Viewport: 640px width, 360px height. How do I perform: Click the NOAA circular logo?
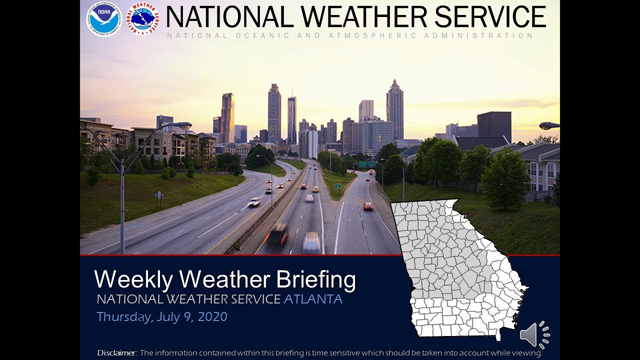pos(104,19)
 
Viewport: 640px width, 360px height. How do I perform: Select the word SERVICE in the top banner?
pos(490,17)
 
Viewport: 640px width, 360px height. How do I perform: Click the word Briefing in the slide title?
pos(308,279)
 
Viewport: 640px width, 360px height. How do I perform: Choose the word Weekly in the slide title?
pos(132,279)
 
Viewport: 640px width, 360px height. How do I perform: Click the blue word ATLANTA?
pos(313,299)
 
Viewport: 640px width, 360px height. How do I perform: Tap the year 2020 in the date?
pos(212,316)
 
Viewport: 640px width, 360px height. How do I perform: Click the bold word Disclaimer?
pos(117,353)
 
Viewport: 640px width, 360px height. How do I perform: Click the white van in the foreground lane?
pos(311,242)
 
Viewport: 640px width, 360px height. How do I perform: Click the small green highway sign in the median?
pos(337,186)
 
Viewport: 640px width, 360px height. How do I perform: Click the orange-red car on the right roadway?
pos(368,205)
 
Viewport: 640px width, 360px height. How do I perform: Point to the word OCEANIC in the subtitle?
pos(259,36)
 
